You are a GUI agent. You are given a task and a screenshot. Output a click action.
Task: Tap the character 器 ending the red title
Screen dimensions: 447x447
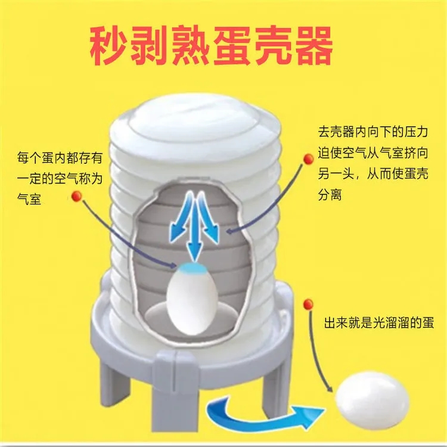(x=313, y=45)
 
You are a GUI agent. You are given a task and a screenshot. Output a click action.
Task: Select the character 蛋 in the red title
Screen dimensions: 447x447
(x=231, y=45)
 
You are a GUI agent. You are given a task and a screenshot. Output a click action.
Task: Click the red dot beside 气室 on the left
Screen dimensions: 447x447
(x=76, y=196)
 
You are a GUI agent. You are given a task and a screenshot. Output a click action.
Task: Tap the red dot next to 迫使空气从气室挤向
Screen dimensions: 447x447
(x=308, y=159)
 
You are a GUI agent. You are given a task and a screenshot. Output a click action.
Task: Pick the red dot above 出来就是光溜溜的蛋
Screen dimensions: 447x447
(x=308, y=304)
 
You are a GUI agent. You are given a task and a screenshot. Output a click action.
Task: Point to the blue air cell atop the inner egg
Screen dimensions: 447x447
(x=191, y=268)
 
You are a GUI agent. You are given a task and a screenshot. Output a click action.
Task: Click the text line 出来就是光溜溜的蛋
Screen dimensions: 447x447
(x=379, y=323)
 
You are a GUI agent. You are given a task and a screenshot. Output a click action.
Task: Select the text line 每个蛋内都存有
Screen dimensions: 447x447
(x=60, y=158)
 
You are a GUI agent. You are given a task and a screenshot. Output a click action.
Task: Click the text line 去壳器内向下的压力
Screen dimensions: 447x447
(x=373, y=132)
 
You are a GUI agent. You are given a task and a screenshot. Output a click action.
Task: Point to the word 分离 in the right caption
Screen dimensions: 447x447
(x=330, y=195)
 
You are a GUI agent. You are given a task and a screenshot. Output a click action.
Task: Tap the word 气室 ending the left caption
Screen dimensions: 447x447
(x=29, y=198)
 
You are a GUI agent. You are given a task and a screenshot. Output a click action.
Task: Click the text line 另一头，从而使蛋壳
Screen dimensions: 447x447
(x=373, y=174)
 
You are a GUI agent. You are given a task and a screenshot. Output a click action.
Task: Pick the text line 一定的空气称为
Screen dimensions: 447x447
(x=60, y=178)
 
